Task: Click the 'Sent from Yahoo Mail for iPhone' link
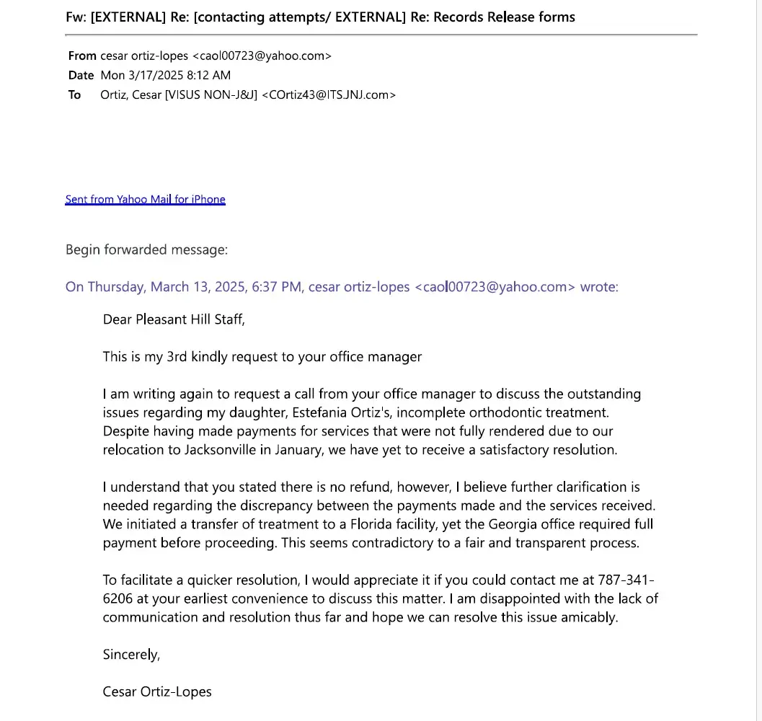tap(145, 200)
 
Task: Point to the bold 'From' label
tap(82, 56)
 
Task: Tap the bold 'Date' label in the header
tap(81, 75)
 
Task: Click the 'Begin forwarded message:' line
tap(146, 250)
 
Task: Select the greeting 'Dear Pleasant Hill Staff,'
tap(174, 319)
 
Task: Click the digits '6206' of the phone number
tap(119, 598)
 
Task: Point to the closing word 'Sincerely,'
tap(131, 655)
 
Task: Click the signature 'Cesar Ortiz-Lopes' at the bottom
tap(157, 691)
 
